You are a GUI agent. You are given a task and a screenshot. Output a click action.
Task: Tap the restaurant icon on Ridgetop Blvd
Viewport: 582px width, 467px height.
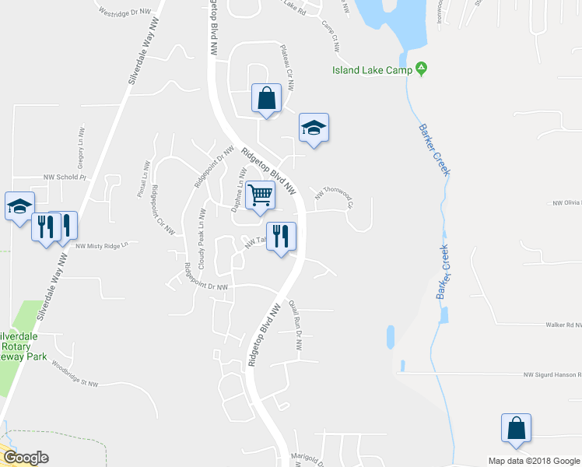point(281,235)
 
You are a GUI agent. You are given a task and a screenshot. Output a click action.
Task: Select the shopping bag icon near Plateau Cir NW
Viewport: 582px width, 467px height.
point(266,99)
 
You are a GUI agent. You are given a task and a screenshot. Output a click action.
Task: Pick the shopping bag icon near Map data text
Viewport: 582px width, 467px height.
point(516,428)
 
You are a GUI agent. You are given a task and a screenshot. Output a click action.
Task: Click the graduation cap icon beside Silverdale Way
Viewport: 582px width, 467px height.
point(19,206)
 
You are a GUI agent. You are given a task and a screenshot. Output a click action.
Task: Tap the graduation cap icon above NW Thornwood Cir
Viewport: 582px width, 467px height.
point(314,128)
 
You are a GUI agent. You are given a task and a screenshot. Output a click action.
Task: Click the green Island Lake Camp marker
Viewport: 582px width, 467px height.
point(421,69)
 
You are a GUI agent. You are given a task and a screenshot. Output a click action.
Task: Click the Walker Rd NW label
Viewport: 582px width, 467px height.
point(563,325)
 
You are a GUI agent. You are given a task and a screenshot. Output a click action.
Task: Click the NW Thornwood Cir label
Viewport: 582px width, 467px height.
point(334,197)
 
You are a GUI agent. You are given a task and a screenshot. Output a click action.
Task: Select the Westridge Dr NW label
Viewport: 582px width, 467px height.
point(124,14)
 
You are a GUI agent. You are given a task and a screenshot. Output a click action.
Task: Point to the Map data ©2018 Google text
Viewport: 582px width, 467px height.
point(534,461)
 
